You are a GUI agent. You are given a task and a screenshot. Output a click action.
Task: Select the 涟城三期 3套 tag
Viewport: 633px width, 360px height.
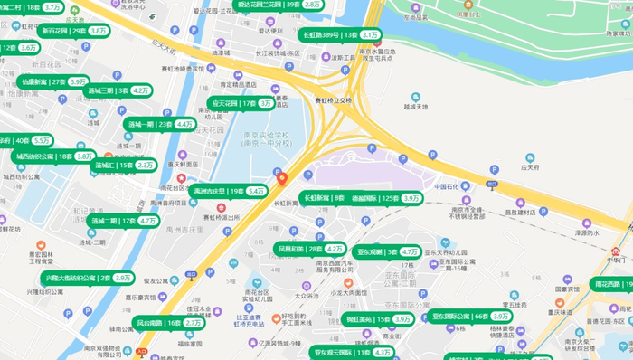118,90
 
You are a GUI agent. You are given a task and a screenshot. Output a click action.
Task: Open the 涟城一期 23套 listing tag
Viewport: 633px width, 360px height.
160,124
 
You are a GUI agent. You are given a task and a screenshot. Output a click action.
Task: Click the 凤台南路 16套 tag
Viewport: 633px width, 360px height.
168,322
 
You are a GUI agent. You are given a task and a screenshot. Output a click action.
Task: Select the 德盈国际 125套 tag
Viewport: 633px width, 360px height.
386,197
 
